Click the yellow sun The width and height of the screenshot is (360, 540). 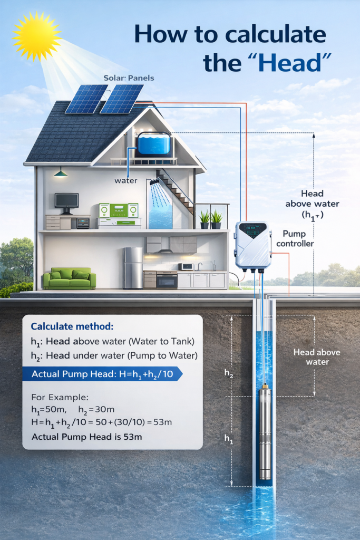pos(36,35)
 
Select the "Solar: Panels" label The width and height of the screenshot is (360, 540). pos(129,78)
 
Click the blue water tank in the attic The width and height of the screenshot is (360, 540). pos(154,143)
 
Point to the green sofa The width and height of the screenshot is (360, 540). pos(70,278)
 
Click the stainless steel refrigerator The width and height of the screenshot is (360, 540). pos(133,268)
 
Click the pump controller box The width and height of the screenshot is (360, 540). pos(253,245)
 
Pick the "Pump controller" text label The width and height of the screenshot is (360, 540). pos(295,239)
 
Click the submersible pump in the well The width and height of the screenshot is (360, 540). pos(265,432)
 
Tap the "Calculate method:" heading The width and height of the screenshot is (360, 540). pos(72,326)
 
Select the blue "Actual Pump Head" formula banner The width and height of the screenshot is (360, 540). pos(102,374)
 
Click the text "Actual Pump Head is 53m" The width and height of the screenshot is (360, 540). pos(87,437)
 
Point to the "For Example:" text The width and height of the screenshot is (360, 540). pos(60,398)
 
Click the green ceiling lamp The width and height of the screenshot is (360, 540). pos(61,173)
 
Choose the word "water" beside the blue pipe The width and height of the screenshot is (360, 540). pos(126,181)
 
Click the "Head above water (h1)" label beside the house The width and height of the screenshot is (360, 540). pos(312,204)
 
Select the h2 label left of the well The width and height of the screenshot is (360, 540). pos(229,373)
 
